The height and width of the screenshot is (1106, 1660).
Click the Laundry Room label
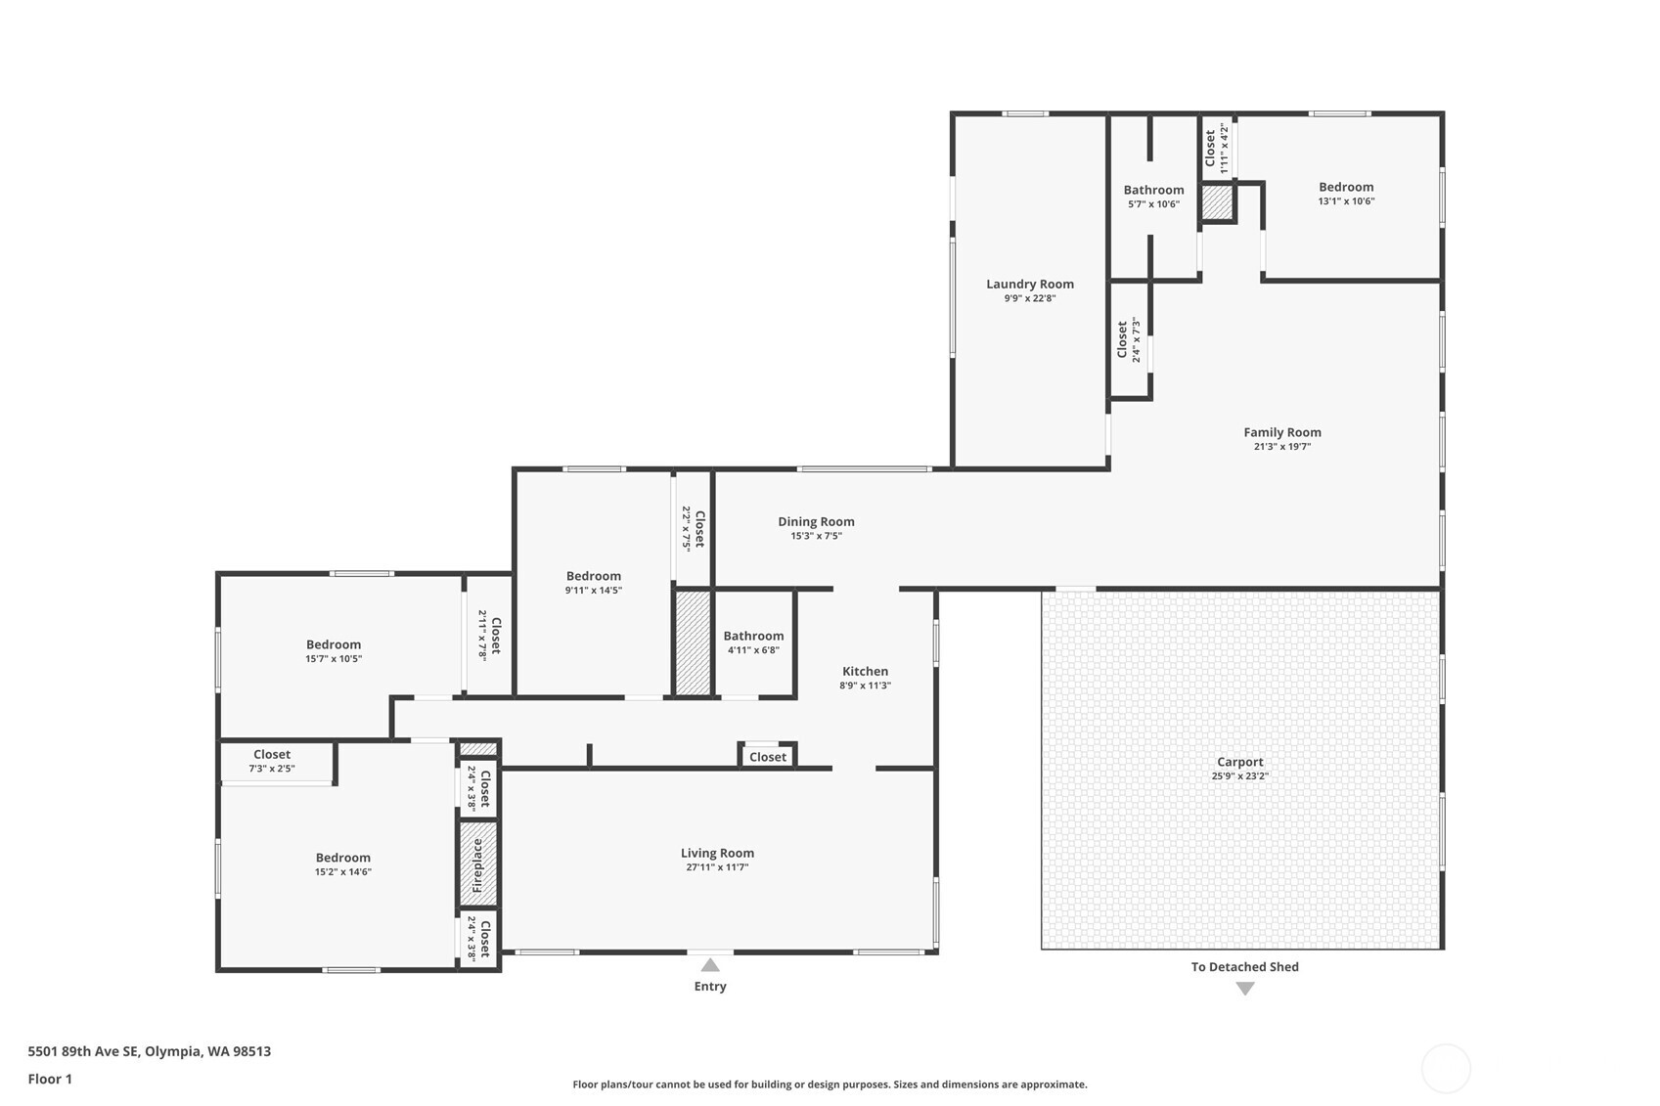click(x=1029, y=285)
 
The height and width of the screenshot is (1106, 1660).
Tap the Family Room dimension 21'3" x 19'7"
click(x=1281, y=447)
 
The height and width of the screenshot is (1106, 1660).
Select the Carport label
click(x=1239, y=762)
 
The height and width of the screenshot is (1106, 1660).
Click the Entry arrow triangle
click(x=710, y=965)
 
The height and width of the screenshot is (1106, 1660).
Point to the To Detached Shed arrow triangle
click(x=1244, y=989)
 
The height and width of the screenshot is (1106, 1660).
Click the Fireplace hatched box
click(x=478, y=864)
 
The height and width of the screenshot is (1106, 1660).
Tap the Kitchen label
click(x=865, y=671)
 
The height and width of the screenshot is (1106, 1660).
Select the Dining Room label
click(x=816, y=521)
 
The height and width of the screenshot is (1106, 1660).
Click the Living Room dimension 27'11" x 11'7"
click(x=717, y=867)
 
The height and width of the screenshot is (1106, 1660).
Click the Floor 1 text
click(x=50, y=1079)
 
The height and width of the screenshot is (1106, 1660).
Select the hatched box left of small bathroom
click(x=693, y=642)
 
